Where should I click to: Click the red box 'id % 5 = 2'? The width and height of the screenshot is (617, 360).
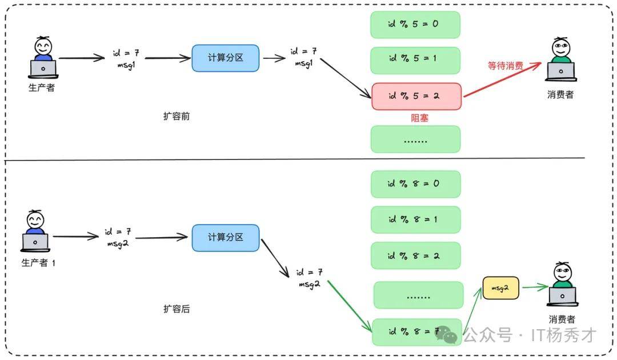click(x=416, y=96)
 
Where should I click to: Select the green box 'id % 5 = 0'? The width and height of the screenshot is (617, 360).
click(x=415, y=25)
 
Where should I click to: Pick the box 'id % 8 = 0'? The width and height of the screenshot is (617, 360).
click(x=415, y=184)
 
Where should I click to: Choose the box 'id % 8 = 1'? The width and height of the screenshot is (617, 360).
click(x=415, y=219)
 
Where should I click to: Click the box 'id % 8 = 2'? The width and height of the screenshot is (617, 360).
click(x=415, y=255)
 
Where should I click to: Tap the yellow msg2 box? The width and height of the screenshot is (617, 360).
click(x=500, y=289)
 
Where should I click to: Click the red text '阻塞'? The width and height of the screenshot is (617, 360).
click(x=420, y=118)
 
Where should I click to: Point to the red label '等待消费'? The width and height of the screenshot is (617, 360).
click(x=505, y=66)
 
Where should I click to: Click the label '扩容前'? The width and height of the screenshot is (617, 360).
click(x=177, y=116)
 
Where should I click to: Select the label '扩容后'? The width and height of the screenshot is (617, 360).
click(x=177, y=309)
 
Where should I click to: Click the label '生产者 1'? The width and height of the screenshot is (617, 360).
click(x=38, y=263)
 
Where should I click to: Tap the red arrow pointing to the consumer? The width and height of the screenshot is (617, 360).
click(x=503, y=79)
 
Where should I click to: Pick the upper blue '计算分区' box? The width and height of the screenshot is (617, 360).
click(x=225, y=58)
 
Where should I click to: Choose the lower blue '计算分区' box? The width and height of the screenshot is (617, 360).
click(x=225, y=237)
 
